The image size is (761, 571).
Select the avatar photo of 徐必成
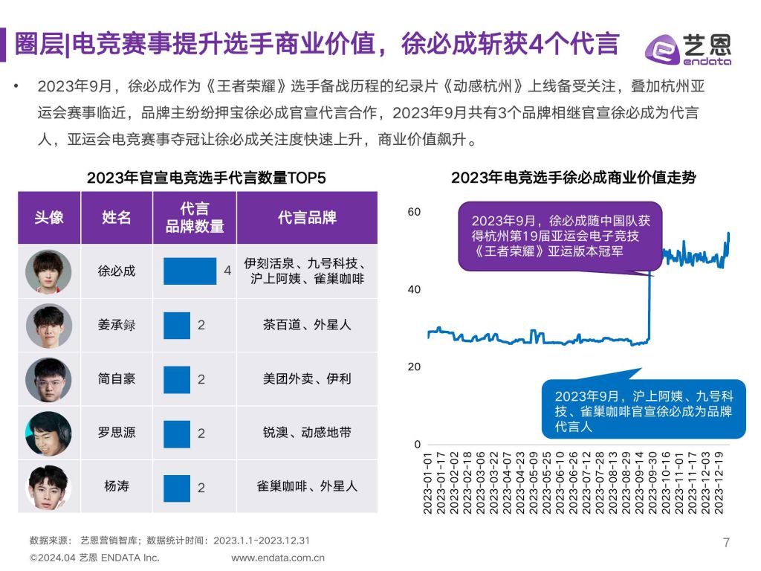tap(48, 271)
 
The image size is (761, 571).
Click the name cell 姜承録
tap(117, 325)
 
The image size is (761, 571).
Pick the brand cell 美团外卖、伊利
tap(307, 378)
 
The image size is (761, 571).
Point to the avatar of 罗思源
tap(48, 433)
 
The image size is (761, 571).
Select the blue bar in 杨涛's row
tap(177, 486)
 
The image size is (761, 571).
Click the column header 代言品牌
tap(307, 218)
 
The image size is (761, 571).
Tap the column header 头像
tap(49, 218)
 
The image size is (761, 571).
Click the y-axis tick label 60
tap(414, 212)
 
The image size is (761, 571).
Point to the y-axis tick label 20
tap(414, 367)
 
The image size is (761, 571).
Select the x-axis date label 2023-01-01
tap(429, 483)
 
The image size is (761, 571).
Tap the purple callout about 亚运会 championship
tap(559, 236)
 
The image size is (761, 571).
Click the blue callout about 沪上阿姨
tap(644, 411)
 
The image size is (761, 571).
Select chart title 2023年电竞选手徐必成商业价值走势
tap(574, 178)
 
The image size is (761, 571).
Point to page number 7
tap(726, 542)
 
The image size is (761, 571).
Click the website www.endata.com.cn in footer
tap(278, 558)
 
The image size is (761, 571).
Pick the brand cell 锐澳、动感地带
tap(307, 432)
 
